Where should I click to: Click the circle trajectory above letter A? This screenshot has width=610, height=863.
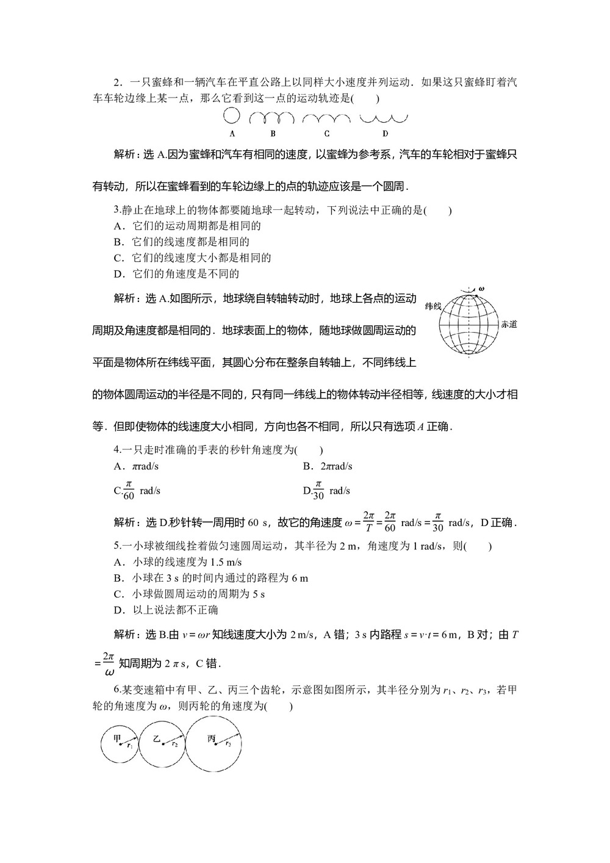(x=232, y=116)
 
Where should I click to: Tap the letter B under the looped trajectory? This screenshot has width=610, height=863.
(x=273, y=134)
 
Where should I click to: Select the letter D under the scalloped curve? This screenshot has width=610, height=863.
(x=385, y=134)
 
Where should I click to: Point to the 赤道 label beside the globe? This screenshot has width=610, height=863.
(x=509, y=324)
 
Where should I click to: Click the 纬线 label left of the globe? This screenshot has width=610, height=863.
(x=433, y=306)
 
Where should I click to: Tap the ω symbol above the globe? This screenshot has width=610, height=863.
(x=482, y=287)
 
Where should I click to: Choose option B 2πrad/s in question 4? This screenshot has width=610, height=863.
(x=328, y=466)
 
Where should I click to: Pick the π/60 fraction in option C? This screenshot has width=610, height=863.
(x=129, y=490)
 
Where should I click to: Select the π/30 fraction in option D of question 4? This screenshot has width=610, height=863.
(x=318, y=490)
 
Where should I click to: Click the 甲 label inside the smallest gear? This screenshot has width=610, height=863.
(x=118, y=739)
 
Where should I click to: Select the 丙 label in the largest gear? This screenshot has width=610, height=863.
(x=211, y=739)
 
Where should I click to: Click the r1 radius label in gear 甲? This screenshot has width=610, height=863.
(x=130, y=746)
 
